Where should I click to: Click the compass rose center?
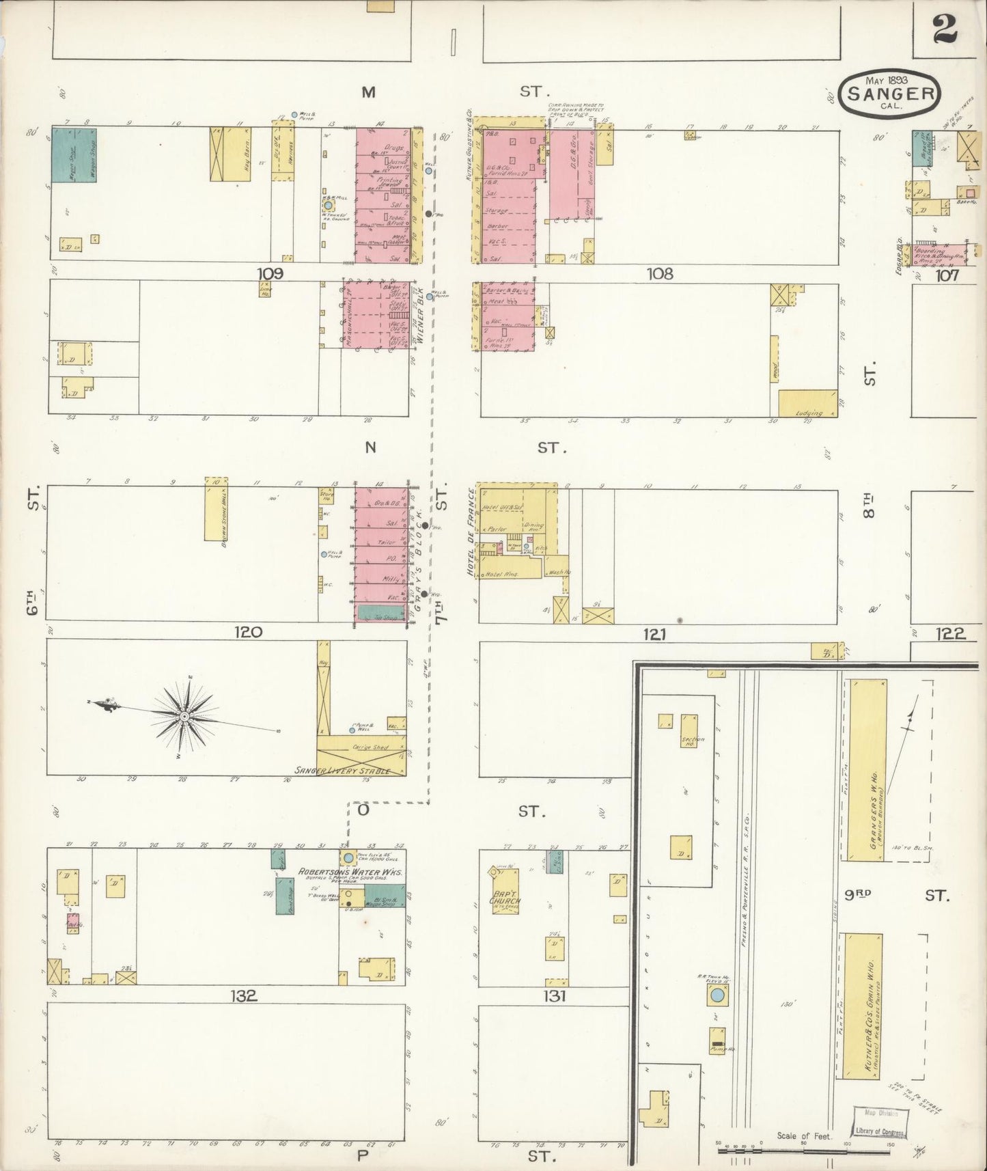(184, 716)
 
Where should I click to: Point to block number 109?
(270, 274)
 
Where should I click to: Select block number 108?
(660, 274)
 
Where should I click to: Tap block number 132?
(243, 995)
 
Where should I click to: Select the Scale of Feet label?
(805, 1135)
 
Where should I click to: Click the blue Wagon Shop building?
(74, 154)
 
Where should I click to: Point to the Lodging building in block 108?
(808, 402)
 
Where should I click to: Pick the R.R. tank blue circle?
(717, 997)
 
